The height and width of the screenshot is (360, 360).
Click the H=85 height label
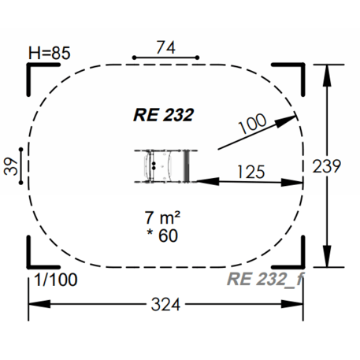pyautogui.click(x=49, y=54)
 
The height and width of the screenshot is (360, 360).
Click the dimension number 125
pyautogui.click(x=249, y=170)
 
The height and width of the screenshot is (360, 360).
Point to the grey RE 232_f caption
pyautogui.click(x=265, y=279)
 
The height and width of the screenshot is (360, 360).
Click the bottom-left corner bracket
pyautogui.click(x=38, y=257)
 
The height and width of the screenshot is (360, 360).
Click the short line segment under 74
pyautogui.click(x=165, y=58)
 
